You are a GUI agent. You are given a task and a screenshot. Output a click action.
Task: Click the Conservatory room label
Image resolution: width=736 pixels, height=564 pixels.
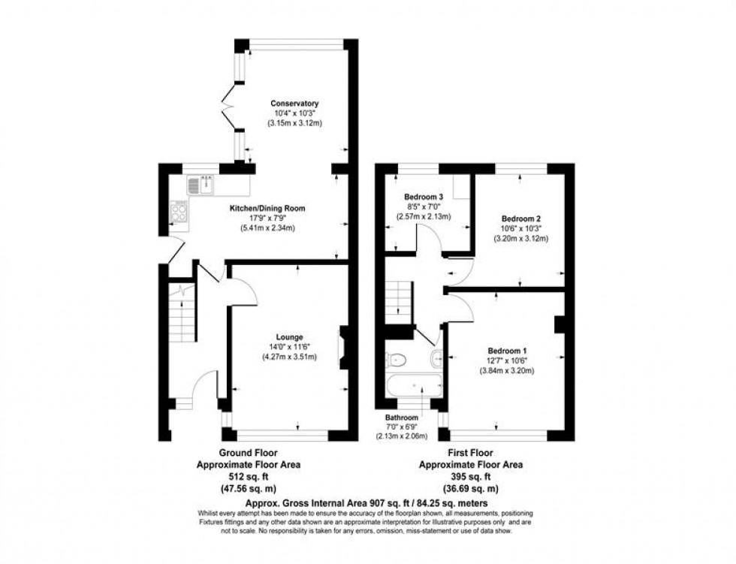pyautogui.click(x=294, y=103)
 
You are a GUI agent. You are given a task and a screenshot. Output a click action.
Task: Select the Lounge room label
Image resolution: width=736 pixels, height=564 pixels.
pyautogui.click(x=289, y=336)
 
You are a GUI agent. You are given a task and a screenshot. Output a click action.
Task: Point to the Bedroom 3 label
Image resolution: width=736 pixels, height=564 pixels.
pyautogui.click(x=424, y=197)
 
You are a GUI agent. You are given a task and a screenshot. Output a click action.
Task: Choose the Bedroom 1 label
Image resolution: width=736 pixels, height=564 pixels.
pyautogui.click(x=508, y=351)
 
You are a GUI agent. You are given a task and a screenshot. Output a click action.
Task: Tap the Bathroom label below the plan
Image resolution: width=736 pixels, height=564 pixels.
pyautogui.click(x=402, y=417)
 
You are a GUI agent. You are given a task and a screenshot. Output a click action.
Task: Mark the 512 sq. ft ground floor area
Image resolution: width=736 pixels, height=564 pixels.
pyautogui.click(x=248, y=475)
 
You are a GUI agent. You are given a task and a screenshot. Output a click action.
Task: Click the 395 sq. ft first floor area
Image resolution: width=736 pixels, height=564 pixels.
pyautogui.click(x=469, y=476)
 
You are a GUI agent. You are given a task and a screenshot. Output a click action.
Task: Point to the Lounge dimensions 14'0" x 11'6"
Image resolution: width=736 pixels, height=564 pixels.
pyautogui.click(x=289, y=346)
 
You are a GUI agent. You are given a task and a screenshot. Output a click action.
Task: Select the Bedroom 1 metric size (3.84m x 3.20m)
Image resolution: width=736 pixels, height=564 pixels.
pyautogui.click(x=508, y=371)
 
